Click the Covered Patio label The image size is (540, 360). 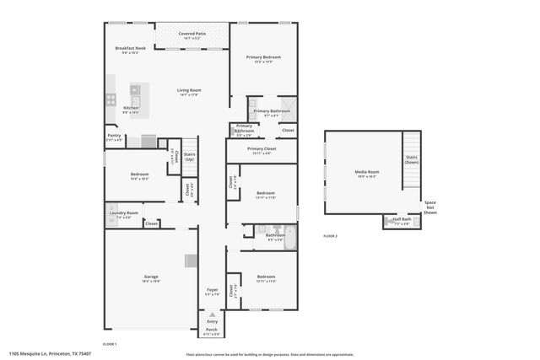point(192,33)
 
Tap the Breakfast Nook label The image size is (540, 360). point(131,48)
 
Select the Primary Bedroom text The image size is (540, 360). point(263,56)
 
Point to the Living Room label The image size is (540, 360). point(189,90)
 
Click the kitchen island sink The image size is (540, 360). point(134,89)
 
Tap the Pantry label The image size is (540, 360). point(114,135)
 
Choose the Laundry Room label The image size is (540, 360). point(123,212)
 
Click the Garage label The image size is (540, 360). point(151,277)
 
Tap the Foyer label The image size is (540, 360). point(212,291)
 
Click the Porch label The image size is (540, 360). point(212,330)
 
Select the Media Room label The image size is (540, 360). point(366,172)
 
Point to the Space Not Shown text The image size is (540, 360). point(430,207)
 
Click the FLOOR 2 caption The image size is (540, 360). point(330,236)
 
